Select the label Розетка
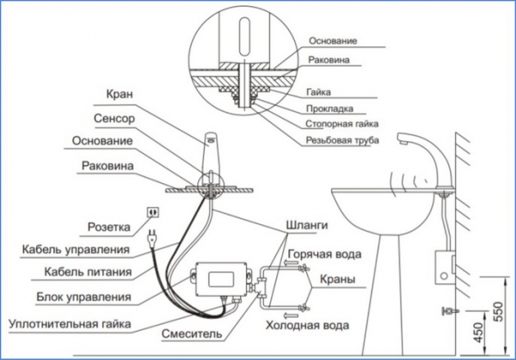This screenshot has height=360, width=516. pyautogui.click(x=108, y=228)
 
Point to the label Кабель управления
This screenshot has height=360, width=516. pyautogui.click(x=74, y=251)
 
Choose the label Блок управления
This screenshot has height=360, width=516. pyautogui.click(x=83, y=296)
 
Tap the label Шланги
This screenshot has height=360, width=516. pyautogui.click(x=306, y=225)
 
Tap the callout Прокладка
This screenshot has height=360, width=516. pyautogui.click(x=330, y=109)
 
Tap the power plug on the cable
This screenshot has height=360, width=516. pyautogui.click(x=152, y=238)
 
